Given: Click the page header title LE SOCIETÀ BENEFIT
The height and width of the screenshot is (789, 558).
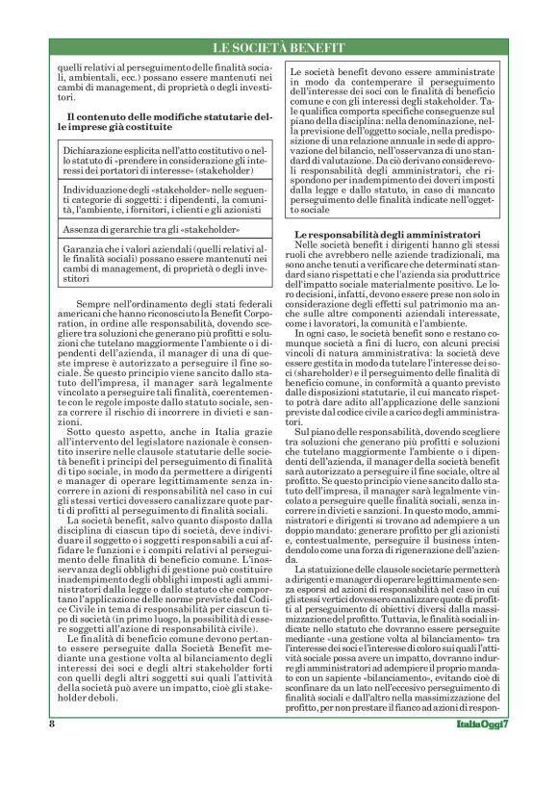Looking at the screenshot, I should (x=278, y=48).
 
